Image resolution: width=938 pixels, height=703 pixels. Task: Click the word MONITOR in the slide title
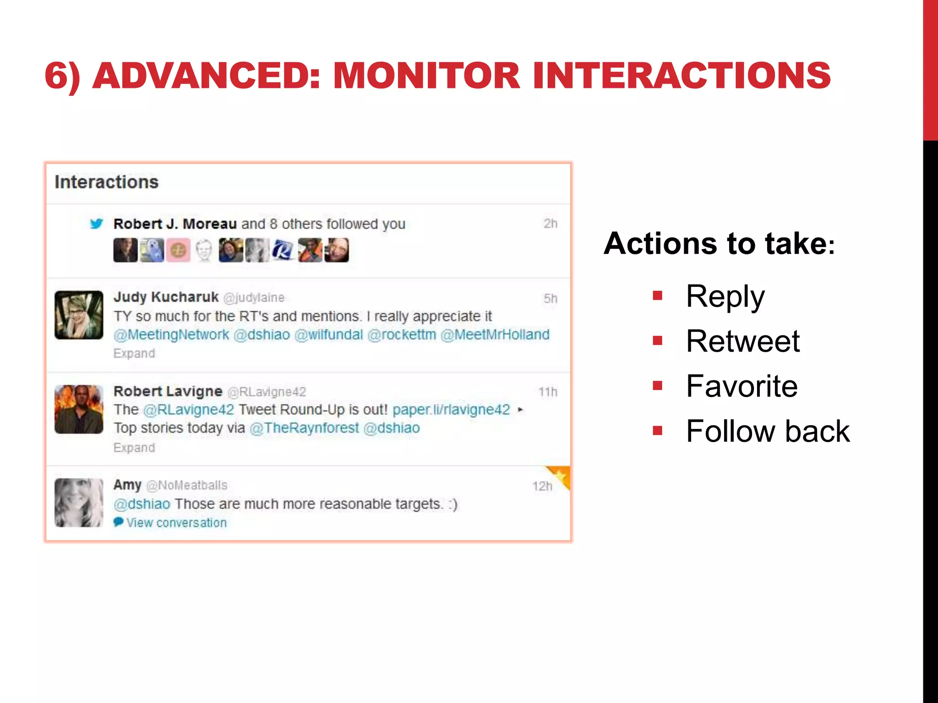point(426,76)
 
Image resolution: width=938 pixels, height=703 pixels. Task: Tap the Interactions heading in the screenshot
point(106,182)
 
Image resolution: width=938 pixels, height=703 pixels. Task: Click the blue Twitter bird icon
point(96,224)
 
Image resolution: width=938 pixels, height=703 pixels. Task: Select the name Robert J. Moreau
point(175,224)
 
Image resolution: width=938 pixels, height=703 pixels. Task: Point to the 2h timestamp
point(550,224)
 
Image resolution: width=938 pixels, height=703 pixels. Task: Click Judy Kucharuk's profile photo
point(79,315)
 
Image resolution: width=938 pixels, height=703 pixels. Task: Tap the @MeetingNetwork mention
point(171,335)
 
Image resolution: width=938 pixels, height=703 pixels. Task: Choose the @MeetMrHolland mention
point(495,335)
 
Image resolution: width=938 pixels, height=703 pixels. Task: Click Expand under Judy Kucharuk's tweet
point(134,353)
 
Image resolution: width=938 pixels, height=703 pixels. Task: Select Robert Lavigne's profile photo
point(79,409)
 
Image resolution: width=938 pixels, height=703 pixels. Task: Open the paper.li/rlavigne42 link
point(451,410)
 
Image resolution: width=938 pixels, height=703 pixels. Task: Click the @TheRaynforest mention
point(304,428)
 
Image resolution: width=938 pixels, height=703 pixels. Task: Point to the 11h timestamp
point(548,392)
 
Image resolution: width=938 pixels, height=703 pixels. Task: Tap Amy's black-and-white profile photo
point(79,503)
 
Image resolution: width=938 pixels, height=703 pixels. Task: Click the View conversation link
point(176,523)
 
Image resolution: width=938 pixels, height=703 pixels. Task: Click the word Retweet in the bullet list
point(742,341)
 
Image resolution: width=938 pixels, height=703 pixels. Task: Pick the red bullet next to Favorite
point(658,386)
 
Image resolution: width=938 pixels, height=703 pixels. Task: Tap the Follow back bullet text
point(768,431)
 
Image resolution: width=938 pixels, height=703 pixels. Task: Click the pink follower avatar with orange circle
point(178,250)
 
